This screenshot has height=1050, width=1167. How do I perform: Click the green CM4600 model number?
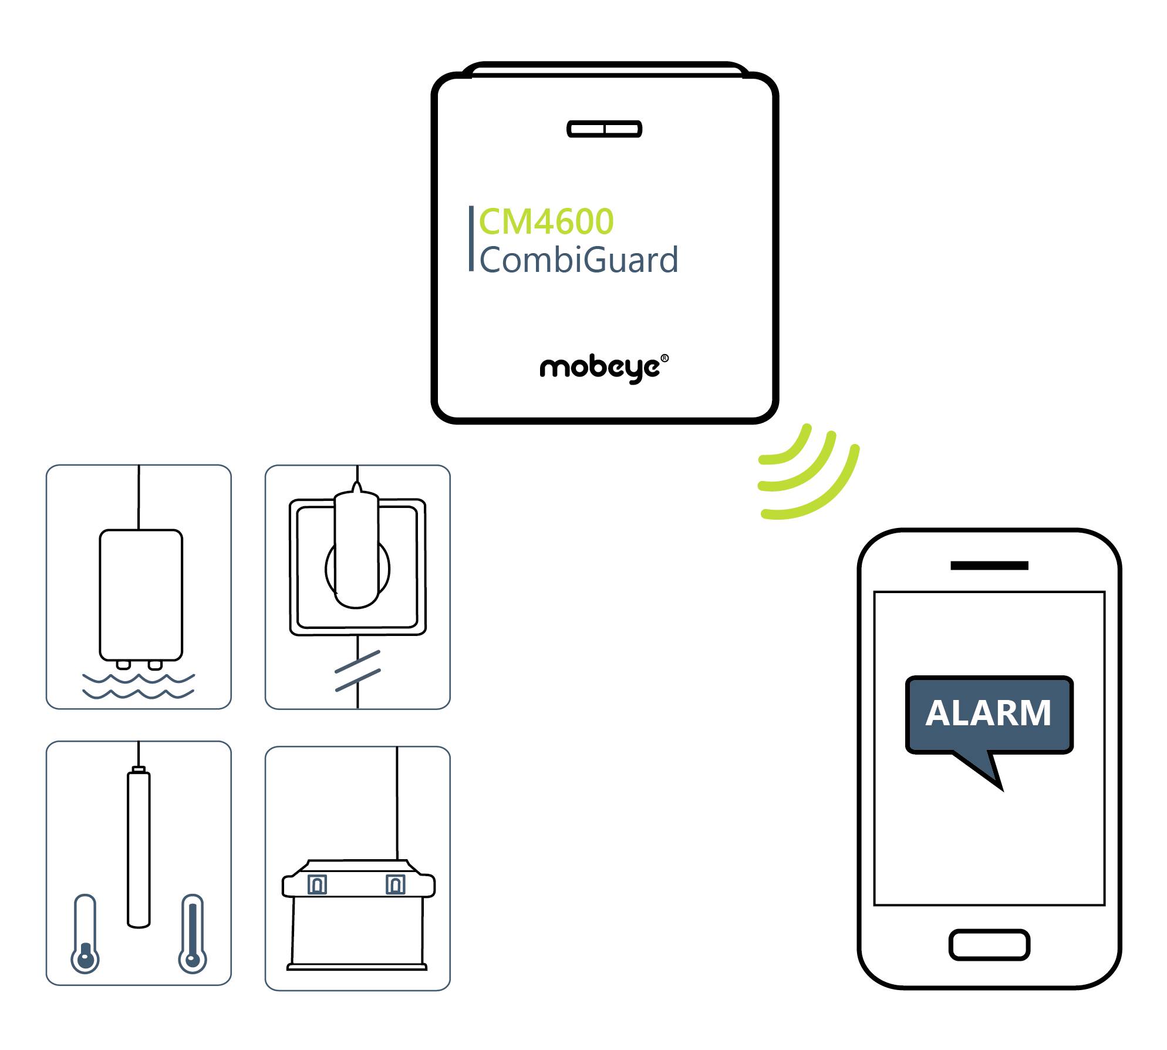point(546,222)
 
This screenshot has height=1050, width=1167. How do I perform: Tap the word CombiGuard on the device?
point(579,260)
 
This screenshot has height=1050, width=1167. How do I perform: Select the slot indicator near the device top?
point(604,129)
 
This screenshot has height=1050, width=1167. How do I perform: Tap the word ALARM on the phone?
point(989,713)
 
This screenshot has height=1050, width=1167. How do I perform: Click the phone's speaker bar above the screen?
point(989,566)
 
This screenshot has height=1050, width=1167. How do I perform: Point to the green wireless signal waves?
point(808,476)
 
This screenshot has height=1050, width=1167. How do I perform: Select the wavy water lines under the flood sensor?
point(139,686)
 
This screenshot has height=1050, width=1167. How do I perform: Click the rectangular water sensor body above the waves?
point(141,594)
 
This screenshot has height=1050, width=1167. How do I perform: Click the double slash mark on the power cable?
point(357,671)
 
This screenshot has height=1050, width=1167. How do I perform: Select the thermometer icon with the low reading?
point(85,934)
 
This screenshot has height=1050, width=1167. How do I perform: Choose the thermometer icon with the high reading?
point(192,934)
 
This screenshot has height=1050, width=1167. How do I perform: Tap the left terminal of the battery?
point(317,884)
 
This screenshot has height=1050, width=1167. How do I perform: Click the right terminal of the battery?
point(395,884)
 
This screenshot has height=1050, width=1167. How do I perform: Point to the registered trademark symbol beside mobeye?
point(665,358)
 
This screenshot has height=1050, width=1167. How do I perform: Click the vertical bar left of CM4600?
point(471,238)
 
